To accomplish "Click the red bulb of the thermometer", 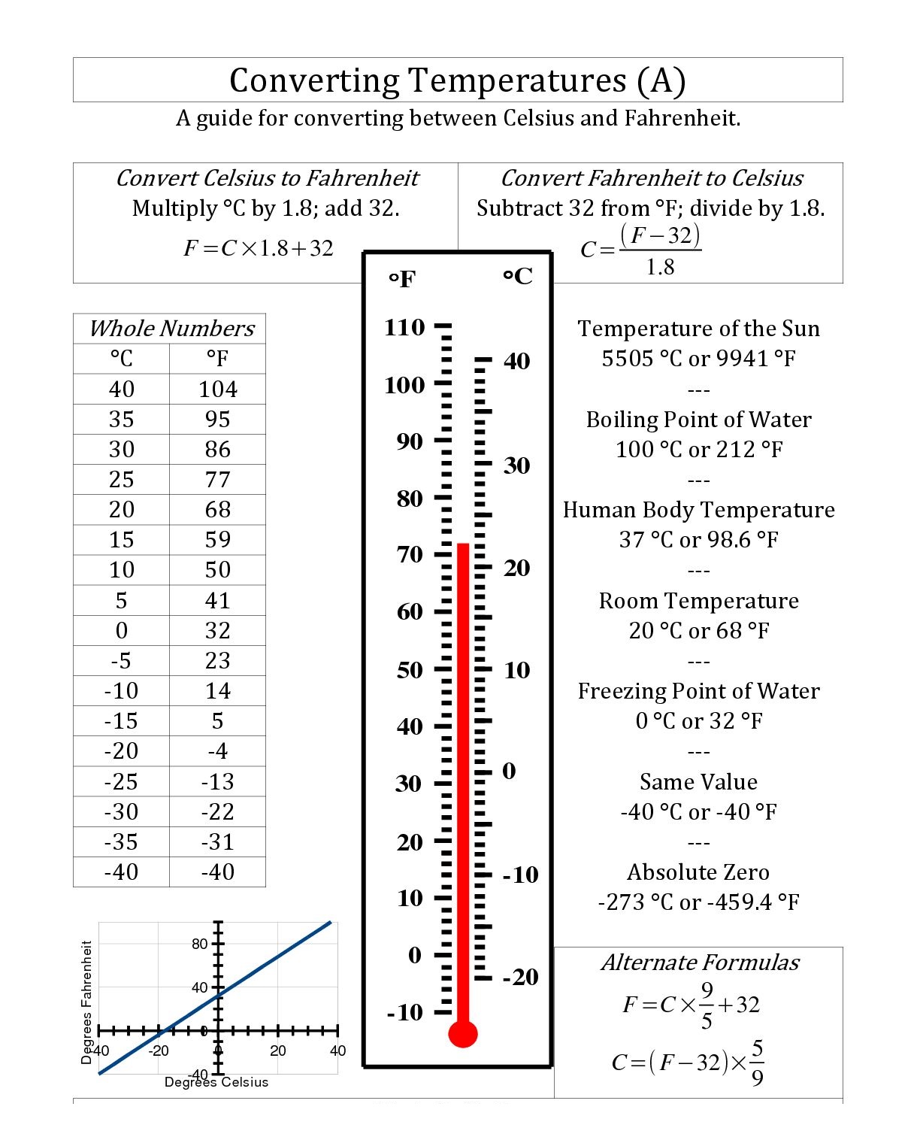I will pos(462,1034).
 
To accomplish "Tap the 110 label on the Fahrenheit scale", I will pos(404,327).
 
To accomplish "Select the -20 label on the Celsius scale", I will pos(520,977).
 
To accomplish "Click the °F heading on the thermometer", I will pos(402,280).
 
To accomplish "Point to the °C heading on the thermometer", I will pos(517,277).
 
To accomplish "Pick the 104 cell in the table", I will pos(217,389).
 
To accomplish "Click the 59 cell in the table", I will pos(217,539).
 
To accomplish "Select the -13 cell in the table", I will pos(217,781).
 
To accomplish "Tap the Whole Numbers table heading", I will pos(171,329).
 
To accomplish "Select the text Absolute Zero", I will pos(698,872).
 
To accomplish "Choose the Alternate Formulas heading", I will pos(700,963).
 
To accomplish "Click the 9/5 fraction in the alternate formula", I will pos(707,1005).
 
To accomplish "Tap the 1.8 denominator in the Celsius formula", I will pos(660,267).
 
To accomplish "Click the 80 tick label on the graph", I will pos(199,944).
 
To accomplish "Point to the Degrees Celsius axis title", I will pos(216,1082).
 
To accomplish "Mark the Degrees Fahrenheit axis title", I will pos(86,1002).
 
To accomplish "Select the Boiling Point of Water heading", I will pos(698,419).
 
